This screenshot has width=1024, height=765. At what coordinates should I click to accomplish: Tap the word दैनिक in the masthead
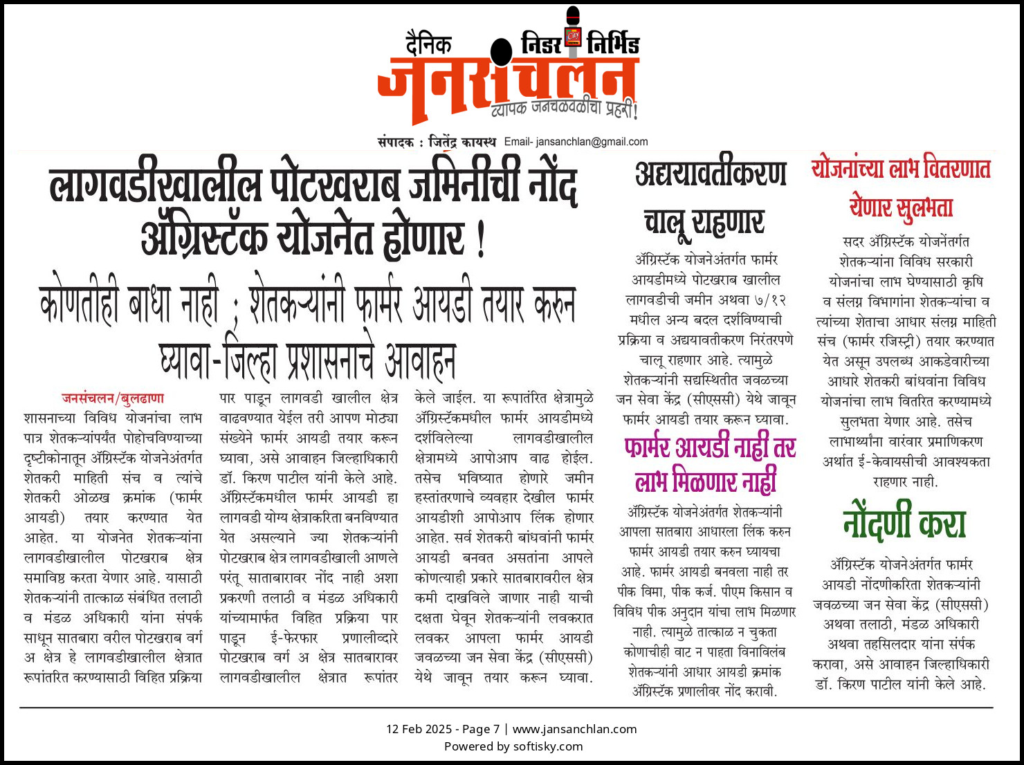[x=428, y=46]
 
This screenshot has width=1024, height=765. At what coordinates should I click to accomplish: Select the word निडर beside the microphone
[x=541, y=45]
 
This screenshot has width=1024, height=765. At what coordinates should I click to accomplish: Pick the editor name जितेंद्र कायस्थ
[x=462, y=142]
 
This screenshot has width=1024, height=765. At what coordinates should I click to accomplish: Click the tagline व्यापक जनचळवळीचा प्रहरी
[x=563, y=109]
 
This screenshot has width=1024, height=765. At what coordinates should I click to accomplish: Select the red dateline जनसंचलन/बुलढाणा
[x=113, y=398]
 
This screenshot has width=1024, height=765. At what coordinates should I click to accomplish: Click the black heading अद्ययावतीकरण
[x=711, y=174]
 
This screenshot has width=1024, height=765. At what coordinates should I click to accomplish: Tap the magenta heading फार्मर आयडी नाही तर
[x=710, y=448]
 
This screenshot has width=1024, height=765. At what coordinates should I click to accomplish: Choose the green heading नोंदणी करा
[x=904, y=523]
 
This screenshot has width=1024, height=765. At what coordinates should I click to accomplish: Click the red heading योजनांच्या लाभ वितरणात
[x=901, y=169]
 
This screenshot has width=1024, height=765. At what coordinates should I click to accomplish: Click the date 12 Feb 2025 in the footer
[x=418, y=729]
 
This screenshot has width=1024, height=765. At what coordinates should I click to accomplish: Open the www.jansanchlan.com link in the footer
[x=574, y=729]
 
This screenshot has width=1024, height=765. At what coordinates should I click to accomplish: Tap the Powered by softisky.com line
[x=513, y=746]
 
